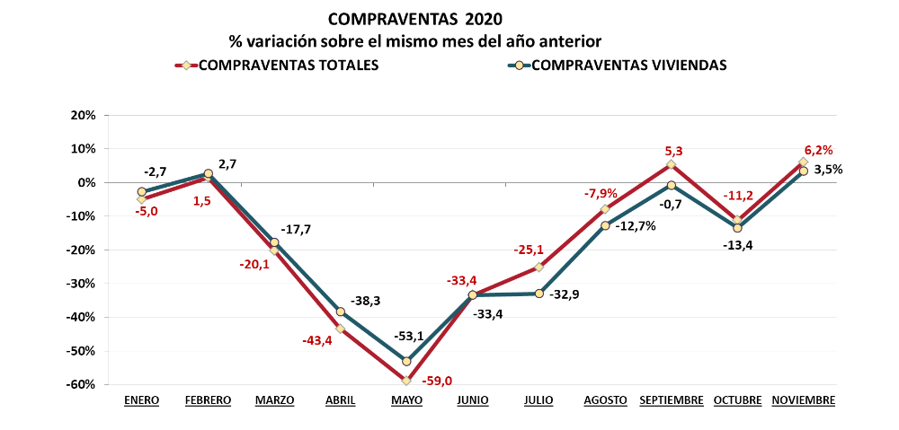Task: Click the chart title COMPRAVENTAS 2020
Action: pyautogui.click(x=415, y=19)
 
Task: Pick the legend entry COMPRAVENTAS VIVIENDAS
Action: pyautogui.click(x=629, y=65)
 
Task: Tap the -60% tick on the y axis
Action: pyautogui.click(x=83, y=384)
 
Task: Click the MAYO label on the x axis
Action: pyautogui.click(x=406, y=400)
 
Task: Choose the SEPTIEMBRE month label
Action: pyautogui.click(x=671, y=400)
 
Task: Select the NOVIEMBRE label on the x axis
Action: pyautogui.click(x=804, y=400)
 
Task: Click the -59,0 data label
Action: pyautogui.click(x=438, y=381)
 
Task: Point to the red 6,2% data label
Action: pyautogui.click(x=818, y=151)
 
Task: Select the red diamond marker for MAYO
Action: pyautogui.click(x=406, y=381)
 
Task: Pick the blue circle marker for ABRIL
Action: pyautogui.click(x=341, y=312)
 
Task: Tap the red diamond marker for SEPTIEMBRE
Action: pyautogui.click(x=671, y=164)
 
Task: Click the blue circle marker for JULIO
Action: pyautogui.click(x=539, y=294)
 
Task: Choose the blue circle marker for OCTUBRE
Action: pyautogui.click(x=737, y=228)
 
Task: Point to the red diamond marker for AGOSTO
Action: pyautogui.click(x=605, y=209)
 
